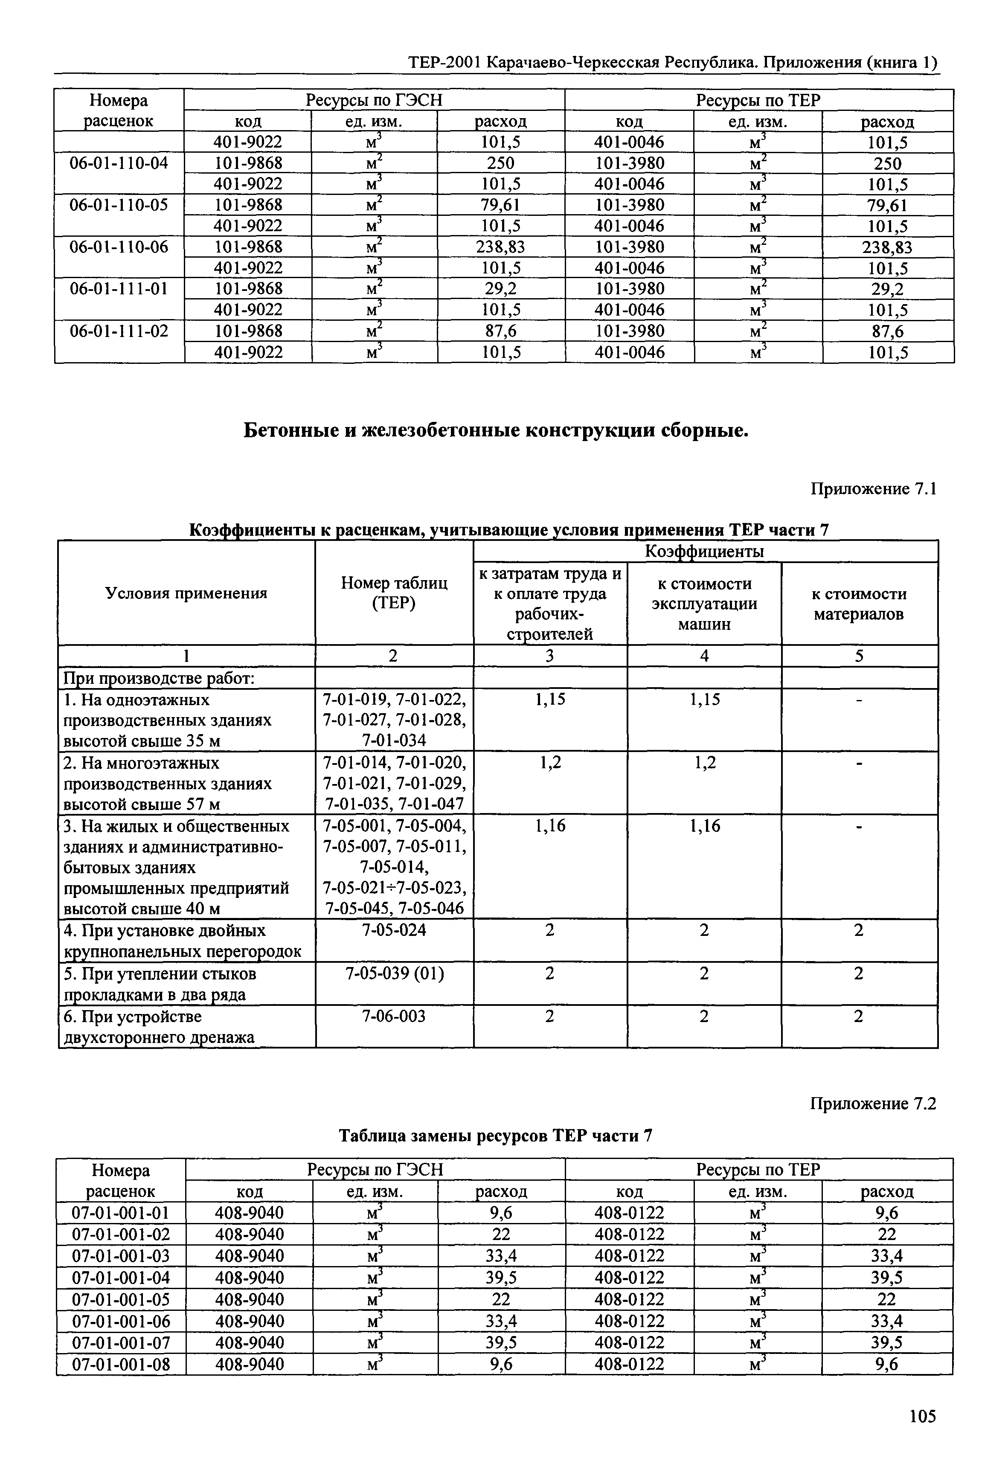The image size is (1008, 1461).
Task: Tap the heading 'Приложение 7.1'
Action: coord(872,489)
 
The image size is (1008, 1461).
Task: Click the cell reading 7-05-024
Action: coord(394,930)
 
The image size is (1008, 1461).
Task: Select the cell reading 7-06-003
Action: coord(394,1016)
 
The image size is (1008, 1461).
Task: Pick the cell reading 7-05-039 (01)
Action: coord(394,973)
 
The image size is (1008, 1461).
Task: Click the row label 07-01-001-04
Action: coord(121,1277)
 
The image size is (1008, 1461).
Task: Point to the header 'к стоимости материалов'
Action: coord(859,604)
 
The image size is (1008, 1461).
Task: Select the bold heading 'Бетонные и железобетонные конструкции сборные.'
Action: coord(496,430)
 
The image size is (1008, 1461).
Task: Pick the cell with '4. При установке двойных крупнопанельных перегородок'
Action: coord(183,941)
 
